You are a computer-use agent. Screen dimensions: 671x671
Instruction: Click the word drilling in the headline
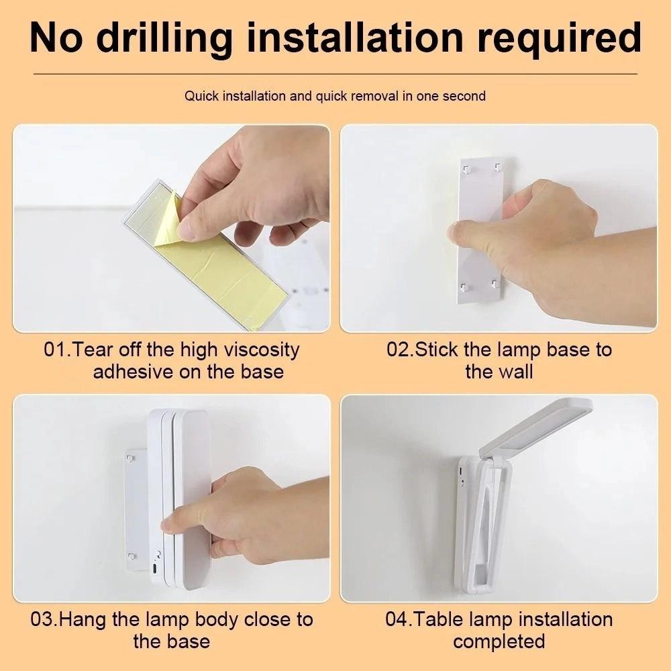tap(165, 39)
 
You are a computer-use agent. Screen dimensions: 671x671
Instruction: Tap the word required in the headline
tap(559, 39)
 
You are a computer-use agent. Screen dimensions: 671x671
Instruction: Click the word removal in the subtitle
tap(374, 96)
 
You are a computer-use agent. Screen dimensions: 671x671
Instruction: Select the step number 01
tap(56, 350)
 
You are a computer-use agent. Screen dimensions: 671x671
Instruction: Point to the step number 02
tap(400, 350)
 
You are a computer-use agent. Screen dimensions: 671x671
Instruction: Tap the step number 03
tap(44, 619)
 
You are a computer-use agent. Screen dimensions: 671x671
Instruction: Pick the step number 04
tap(399, 619)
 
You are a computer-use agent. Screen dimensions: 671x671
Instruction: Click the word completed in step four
tap(499, 642)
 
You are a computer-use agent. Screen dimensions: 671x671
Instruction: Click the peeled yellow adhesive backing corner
tap(168, 220)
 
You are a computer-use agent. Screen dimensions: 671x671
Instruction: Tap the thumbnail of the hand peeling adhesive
tap(172, 228)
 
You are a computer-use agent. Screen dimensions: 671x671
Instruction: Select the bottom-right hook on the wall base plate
tap(496, 284)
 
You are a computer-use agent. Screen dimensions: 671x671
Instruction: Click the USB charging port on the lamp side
tap(154, 570)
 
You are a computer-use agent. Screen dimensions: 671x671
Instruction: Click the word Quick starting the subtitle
tap(202, 96)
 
